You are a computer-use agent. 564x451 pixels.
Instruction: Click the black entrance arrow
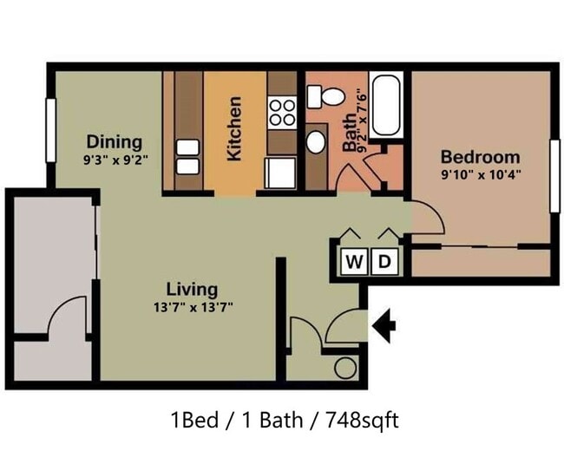(x=384, y=326)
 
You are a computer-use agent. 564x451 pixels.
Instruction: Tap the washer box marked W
(x=354, y=261)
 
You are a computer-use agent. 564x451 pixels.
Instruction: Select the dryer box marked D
(x=384, y=261)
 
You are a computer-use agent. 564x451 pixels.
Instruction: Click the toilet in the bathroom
(x=325, y=96)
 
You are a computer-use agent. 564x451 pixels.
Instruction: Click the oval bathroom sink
(x=316, y=142)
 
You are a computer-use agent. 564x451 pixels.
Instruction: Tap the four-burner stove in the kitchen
(x=282, y=113)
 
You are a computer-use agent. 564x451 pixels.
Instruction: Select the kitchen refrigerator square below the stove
(x=280, y=173)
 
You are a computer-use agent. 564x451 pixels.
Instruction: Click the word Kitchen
(x=234, y=128)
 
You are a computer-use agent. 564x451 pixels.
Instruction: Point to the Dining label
(x=115, y=141)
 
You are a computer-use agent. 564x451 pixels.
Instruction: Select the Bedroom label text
(x=481, y=157)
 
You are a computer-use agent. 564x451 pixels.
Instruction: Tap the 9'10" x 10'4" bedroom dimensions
(x=482, y=175)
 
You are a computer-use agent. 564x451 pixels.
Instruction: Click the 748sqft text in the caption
(x=362, y=420)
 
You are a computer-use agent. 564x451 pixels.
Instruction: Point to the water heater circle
(x=345, y=369)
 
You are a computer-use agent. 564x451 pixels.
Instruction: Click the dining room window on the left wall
(x=51, y=130)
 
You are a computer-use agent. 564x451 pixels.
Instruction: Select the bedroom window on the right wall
(x=555, y=176)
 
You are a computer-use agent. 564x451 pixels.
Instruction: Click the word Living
(x=192, y=290)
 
